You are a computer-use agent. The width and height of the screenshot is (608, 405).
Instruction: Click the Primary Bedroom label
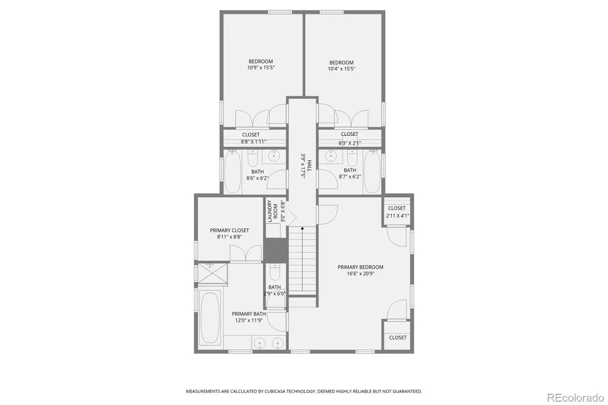(360, 267)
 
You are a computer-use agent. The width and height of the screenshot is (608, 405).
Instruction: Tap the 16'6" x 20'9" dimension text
(360, 274)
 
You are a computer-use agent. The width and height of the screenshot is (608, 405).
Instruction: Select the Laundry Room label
(272, 211)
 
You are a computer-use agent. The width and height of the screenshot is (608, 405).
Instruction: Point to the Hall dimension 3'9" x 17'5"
(303, 165)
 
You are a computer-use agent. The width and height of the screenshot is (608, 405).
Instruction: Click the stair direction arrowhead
(302, 228)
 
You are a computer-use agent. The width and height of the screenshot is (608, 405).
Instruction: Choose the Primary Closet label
(230, 231)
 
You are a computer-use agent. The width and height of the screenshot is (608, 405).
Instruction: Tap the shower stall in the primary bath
(212, 273)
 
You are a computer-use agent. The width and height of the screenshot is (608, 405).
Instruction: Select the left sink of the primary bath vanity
(260, 343)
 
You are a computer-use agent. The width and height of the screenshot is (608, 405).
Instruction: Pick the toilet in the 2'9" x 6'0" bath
(275, 272)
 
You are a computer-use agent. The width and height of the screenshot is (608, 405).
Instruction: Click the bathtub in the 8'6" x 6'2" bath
(233, 172)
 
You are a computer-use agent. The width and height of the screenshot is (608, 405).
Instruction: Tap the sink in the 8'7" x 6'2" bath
(331, 156)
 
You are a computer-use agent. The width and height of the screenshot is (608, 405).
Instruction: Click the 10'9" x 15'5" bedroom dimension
(261, 68)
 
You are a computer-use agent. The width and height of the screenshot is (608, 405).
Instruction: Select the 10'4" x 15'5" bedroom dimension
(342, 69)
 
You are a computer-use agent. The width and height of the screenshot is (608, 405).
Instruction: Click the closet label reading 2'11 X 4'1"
(397, 216)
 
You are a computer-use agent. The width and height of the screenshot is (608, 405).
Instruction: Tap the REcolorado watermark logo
(575, 398)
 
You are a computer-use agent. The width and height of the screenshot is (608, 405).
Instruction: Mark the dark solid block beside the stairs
(275, 250)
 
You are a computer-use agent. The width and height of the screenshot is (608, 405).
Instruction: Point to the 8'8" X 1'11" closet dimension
(253, 142)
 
